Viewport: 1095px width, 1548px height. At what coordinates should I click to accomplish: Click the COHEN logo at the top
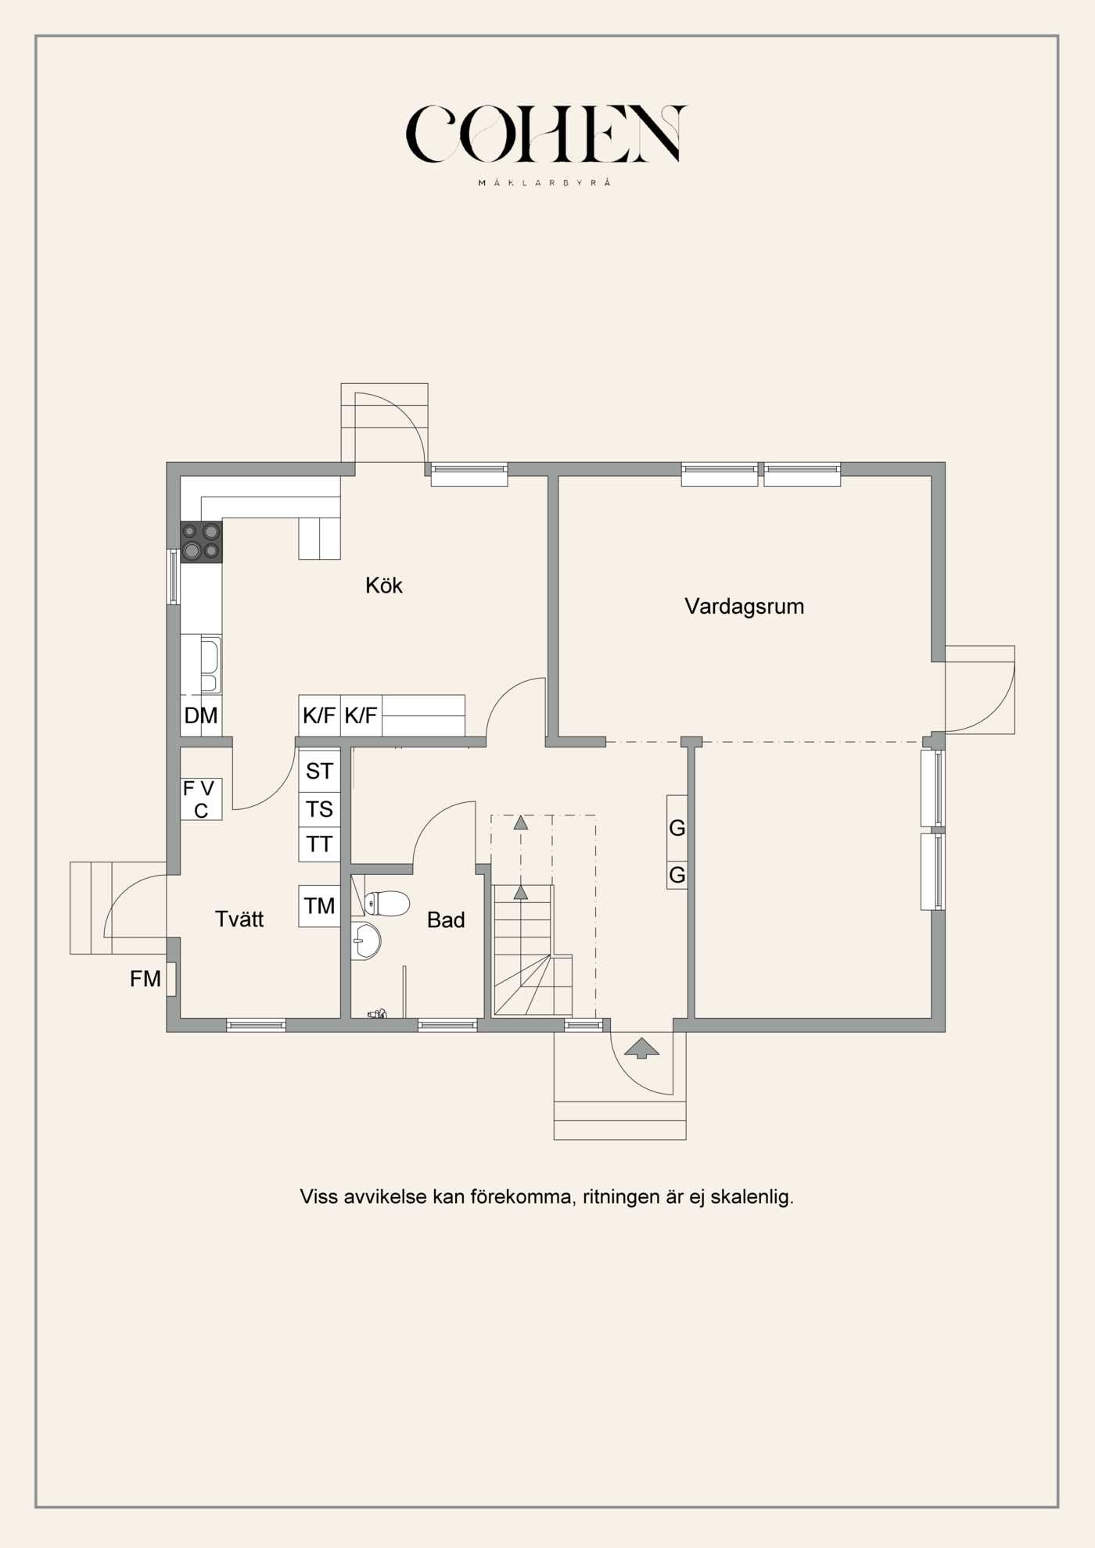(546, 134)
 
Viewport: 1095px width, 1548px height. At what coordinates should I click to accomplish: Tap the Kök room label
(384, 585)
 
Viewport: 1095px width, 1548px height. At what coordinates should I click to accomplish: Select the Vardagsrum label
(744, 606)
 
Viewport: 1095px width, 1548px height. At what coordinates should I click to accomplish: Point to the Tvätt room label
(239, 919)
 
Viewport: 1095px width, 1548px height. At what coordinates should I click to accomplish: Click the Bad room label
(446, 919)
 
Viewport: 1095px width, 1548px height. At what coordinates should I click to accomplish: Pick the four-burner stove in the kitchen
(201, 542)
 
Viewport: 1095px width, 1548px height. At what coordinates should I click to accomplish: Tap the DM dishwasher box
(201, 715)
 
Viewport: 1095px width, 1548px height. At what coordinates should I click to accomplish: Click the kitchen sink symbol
(210, 665)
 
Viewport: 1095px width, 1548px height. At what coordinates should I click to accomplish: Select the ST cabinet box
(319, 771)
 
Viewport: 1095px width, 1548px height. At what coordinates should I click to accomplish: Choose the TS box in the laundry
(319, 809)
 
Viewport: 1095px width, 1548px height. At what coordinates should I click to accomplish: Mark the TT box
(319, 844)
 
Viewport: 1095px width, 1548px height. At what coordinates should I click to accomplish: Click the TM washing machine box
(319, 905)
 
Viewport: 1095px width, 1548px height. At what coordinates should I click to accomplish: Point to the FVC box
(201, 799)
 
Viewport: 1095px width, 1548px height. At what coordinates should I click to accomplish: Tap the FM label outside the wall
(145, 979)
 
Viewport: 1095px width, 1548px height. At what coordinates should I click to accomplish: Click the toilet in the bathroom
(386, 903)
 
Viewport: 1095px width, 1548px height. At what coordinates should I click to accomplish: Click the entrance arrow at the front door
(641, 1048)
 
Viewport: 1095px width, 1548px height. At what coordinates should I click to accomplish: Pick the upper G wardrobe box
(677, 827)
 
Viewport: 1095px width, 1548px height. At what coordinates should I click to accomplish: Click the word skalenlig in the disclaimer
(752, 1197)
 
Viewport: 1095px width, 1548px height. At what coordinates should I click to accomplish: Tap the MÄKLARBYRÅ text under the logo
(544, 183)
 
